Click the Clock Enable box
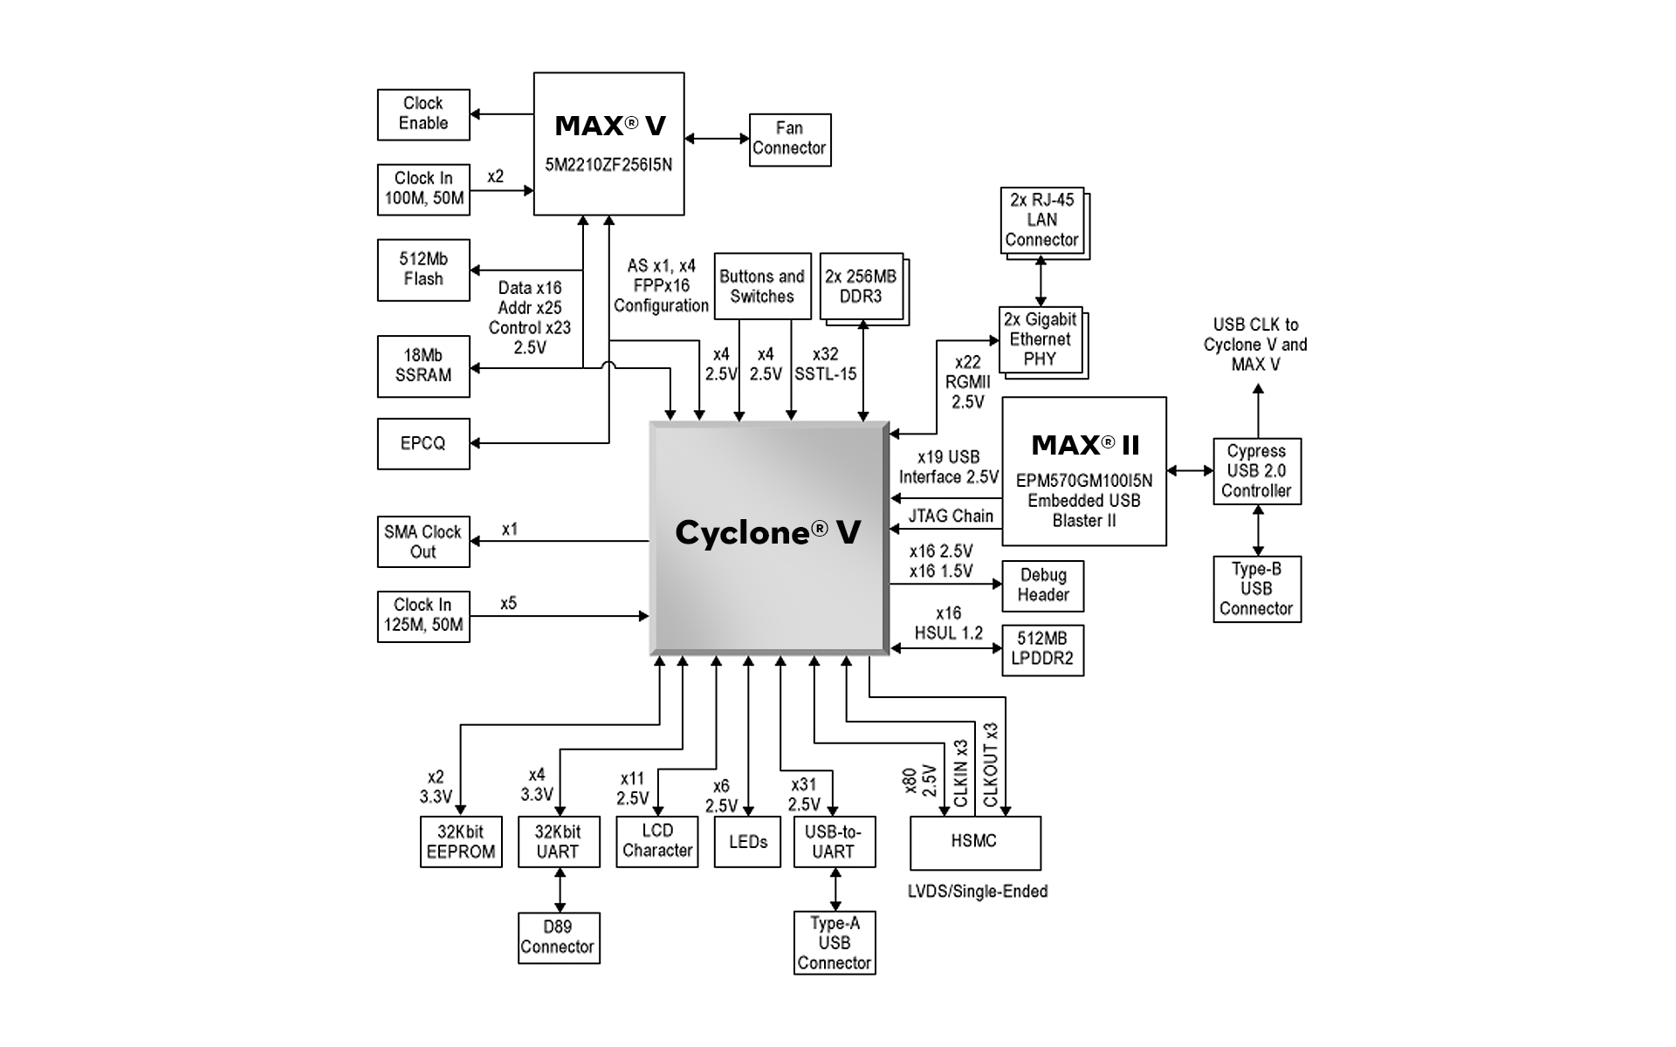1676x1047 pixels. [x=423, y=113]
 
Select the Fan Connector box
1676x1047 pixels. [x=789, y=139]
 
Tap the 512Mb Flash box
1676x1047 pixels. [x=423, y=270]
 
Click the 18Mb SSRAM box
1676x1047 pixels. [x=423, y=366]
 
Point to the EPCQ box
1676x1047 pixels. [x=423, y=443]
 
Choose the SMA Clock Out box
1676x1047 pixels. [x=423, y=542]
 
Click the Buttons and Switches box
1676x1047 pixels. [x=762, y=286]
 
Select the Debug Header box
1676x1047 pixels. [x=1043, y=585]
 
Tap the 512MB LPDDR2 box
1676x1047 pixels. [x=1042, y=649]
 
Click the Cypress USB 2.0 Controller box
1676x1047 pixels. [x=1257, y=471]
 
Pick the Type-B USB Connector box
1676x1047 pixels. [x=1257, y=589]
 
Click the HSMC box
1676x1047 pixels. [x=974, y=842]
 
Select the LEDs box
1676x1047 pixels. [x=747, y=842]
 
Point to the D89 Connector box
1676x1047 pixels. [x=558, y=937]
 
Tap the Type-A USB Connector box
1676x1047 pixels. [x=835, y=942]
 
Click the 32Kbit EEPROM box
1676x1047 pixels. [x=461, y=842]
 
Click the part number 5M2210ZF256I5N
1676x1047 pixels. [x=608, y=165]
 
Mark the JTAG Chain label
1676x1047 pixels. [x=951, y=516]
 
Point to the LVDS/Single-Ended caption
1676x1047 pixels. [x=978, y=892]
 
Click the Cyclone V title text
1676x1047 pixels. [x=768, y=532]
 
